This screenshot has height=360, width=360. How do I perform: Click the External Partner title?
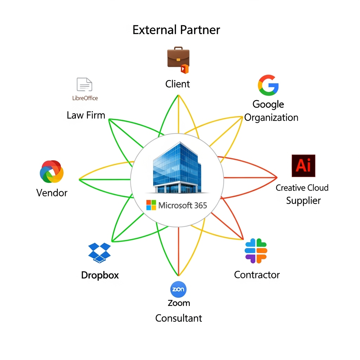click(x=176, y=30)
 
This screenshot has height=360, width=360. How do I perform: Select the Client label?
click(x=178, y=84)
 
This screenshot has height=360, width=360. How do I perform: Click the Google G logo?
click(x=268, y=85)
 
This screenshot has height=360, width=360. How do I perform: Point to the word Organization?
click(x=271, y=117)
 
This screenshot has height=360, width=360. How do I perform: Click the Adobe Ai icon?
click(x=303, y=166)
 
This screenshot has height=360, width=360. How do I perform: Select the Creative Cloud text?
click(x=302, y=188)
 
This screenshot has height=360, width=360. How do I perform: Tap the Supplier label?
click(x=303, y=201)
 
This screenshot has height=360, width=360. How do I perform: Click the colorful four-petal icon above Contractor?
click(x=256, y=251)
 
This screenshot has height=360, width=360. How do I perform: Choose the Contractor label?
click(x=257, y=275)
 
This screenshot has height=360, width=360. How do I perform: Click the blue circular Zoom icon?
click(x=178, y=290)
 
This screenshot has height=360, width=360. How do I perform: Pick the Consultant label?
click(x=179, y=318)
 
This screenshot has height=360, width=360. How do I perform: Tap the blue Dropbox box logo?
click(x=99, y=252)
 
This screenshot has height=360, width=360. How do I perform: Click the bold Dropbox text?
click(x=100, y=275)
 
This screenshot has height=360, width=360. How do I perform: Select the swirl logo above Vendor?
click(x=52, y=172)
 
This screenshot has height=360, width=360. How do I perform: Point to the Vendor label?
click(x=52, y=193)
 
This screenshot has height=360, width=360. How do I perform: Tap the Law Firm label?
click(x=86, y=115)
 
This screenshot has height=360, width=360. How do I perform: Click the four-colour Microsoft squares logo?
click(x=151, y=205)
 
